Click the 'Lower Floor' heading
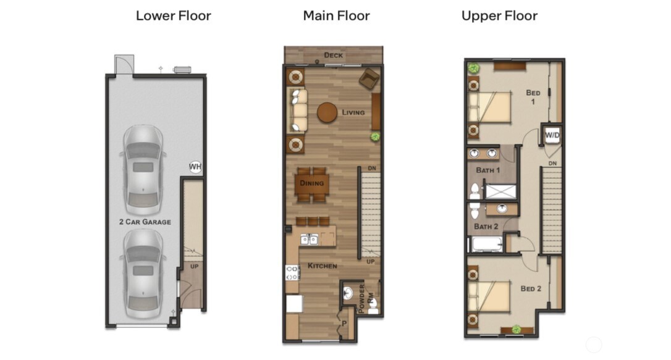click(x=173, y=15)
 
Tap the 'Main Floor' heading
click(x=336, y=15)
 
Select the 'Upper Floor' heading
click(x=499, y=15)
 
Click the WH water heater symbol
click(x=195, y=167)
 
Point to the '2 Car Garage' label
click(x=145, y=222)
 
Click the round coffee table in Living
click(x=327, y=112)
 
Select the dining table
click(x=312, y=184)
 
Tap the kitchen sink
click(x=310, y=239)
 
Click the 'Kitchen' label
click(x=323, y=266)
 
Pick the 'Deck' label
click(x=333, y=56)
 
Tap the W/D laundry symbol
click(x=551, y=135)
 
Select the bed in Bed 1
click(x=490, y=107)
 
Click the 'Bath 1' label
click(x=487, y=170)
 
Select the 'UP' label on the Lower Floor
click(x=194, y=267)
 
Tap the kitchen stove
click(x=292, y=272)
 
